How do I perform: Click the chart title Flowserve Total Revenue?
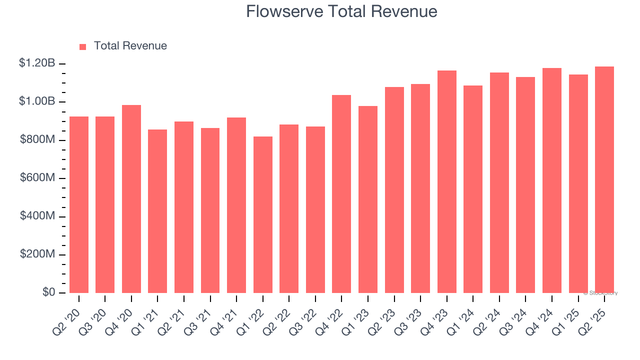(341, 11)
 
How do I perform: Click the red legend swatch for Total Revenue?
(82, 46)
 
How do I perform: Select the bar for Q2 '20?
(79, 204)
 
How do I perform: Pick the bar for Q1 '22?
(263, 214)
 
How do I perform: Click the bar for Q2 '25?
(604, 179)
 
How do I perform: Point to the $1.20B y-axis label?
(37, 63)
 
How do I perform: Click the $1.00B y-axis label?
(37, 101)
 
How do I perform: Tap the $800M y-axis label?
(37, 140)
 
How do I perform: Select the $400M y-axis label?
(37, 216)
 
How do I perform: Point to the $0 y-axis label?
(48, 292)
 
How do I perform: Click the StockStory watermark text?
(601, 293)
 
